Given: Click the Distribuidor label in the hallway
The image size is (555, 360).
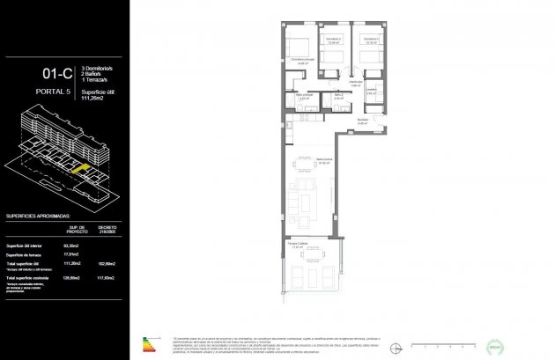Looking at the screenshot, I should coord(356,82).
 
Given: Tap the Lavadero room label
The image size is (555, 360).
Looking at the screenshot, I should coord(373,89).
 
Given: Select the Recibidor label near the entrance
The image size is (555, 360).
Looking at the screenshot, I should coord(363,121).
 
